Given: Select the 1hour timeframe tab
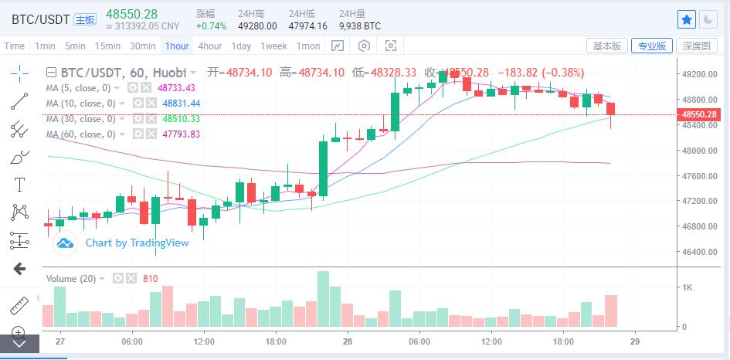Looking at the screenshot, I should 177,46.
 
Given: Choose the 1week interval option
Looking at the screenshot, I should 273,46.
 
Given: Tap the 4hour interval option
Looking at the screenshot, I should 210,46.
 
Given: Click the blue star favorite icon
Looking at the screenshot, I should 686,19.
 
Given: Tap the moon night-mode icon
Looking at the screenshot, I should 708,19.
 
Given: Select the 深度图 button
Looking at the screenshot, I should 696,46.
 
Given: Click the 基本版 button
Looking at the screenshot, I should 607,46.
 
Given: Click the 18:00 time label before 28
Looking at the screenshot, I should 276,341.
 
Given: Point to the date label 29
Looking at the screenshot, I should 634,341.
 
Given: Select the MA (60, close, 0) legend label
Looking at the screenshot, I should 80,134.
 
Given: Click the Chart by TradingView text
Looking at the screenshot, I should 137,243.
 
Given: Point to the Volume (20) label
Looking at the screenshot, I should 71,278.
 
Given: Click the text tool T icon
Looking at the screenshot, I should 19,184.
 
